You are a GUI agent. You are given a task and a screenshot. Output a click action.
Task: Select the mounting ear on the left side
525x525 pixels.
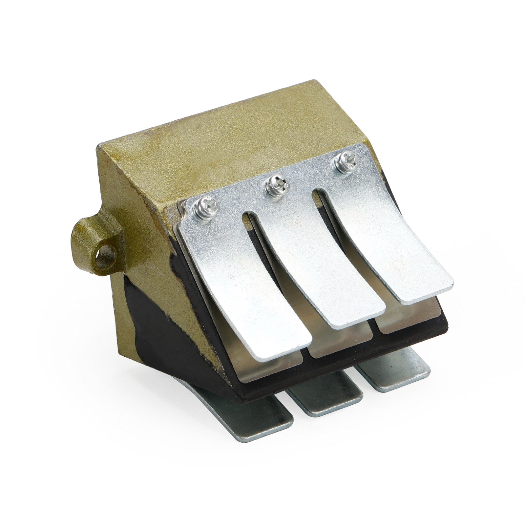click(x=95, y=243)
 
